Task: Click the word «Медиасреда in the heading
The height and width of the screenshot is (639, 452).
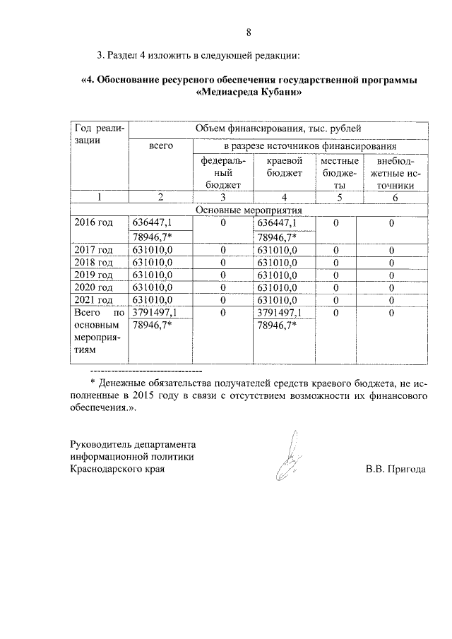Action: click(222, 92)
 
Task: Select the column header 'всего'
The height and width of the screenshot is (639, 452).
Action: click(161, 145)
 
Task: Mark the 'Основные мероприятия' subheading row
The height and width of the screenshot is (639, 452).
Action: click(248, 210)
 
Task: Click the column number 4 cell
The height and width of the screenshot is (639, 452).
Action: click(283, 198)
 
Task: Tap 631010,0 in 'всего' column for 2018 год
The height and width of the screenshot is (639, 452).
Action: click(153, 262)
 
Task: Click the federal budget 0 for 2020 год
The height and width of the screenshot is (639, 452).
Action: click(222, 287)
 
